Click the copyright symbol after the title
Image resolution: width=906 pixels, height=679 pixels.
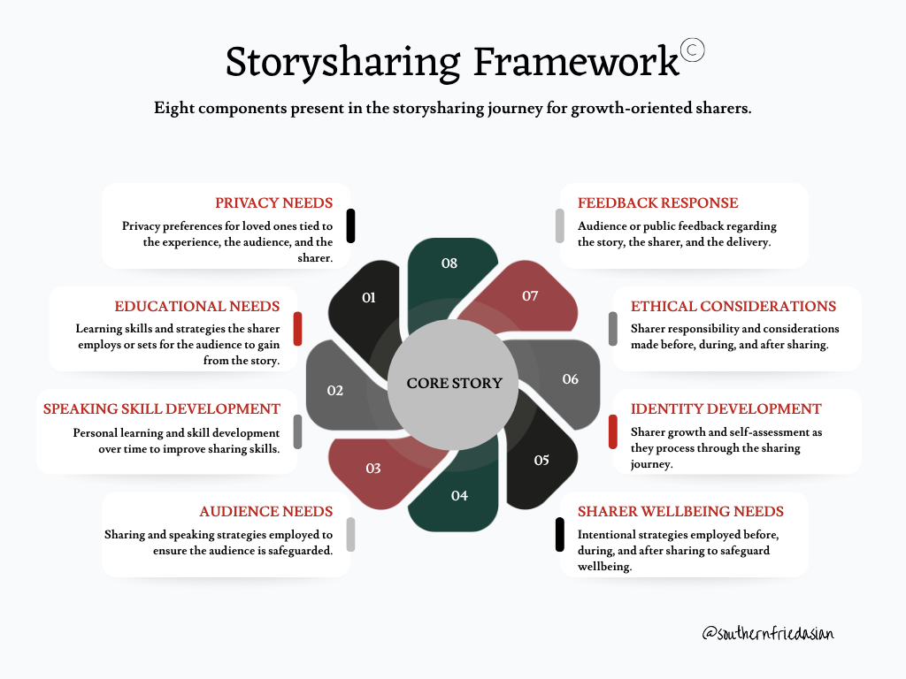(x=692, y=50)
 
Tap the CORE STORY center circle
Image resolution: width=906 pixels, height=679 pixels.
(x=453, y=384)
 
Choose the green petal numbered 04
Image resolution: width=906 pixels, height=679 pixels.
(x=457, y=491)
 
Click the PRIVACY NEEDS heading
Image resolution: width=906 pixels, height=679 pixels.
(x=274, y=203)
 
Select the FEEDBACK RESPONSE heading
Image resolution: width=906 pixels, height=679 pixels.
(x=658, y=203)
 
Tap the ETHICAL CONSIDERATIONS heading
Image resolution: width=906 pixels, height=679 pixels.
(x=733, y=306)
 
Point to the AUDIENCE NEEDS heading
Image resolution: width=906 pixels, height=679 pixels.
(x=265, y=512)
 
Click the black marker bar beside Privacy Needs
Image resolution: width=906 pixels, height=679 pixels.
(x=350, y=225)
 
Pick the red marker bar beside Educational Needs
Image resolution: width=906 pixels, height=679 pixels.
(x=297, y=329)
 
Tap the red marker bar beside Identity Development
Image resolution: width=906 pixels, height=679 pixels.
(x=613, y=431)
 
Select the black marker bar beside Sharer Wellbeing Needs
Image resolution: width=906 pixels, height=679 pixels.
(x=560, y=535)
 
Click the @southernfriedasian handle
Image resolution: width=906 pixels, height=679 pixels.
(x=768, y=633)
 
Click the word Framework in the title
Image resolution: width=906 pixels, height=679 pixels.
(x=576, y=61)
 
